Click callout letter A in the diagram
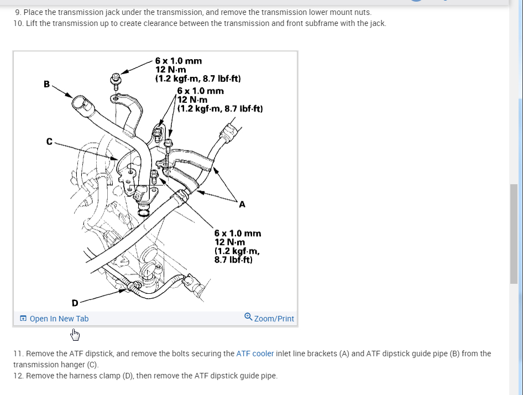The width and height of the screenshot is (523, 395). tap(242, 205)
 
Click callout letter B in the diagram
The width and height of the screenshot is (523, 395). tap(46, 84)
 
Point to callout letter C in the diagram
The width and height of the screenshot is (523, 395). tap(49, 142)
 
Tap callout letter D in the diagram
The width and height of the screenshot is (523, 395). tap(75, 303)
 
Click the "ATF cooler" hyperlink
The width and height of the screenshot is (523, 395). tap(255, 353)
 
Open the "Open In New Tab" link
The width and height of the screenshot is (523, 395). tap(59, 319)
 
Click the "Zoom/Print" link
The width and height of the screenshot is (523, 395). tap(274, 319)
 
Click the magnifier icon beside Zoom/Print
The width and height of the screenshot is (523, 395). tap(248, 317)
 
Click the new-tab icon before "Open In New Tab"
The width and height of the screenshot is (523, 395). tap(23, 319)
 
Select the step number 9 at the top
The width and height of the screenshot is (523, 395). tap(18, 12)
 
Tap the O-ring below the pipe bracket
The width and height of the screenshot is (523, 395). tap(143, 212)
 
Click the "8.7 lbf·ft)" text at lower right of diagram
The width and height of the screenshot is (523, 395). tap(233, 259)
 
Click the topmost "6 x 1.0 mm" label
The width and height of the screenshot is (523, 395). tap(178, 60)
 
